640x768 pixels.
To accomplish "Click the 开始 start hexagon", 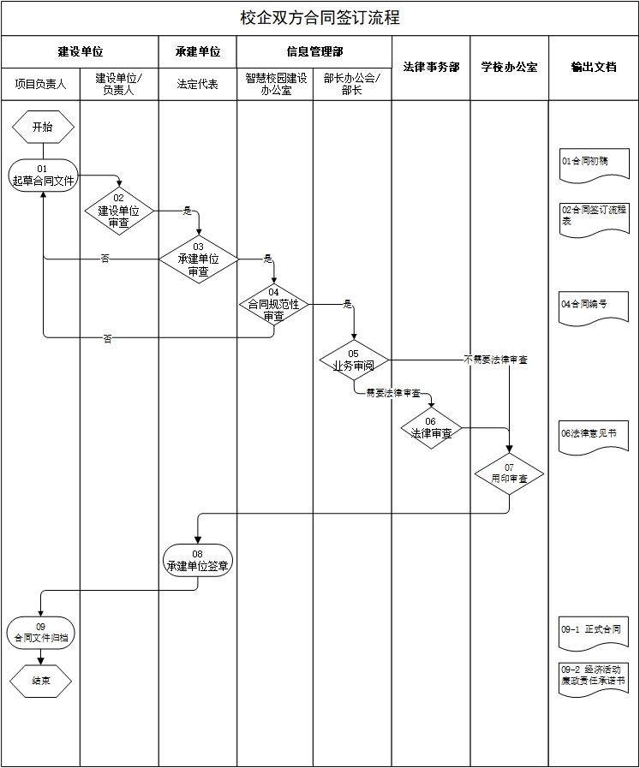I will [43, 127].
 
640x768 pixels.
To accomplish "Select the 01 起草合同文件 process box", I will [43, 175].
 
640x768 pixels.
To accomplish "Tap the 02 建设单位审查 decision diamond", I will [119, 210].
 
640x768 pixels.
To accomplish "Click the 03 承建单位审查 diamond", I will [198, 259].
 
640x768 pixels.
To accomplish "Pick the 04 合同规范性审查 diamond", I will [273, 304].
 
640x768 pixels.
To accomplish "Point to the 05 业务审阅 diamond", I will [354, 360].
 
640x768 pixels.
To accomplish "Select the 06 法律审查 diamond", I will [431, 427].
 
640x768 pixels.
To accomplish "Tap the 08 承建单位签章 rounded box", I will [198, 560].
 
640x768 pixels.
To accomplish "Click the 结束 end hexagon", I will [41, 682].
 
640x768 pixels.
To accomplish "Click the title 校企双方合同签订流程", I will [320, 17].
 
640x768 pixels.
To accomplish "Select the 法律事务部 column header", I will [431, 67].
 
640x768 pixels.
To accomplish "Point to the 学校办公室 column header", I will [509, 67].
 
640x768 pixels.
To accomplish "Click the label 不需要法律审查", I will [495, 360].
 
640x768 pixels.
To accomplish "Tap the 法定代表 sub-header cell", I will [198, 84].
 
